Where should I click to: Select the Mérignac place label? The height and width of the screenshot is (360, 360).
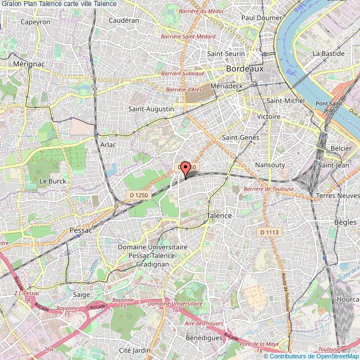22,64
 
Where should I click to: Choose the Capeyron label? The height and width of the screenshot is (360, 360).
35,22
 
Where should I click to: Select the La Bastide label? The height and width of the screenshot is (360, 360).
326,54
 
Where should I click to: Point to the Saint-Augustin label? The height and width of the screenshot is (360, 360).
151,109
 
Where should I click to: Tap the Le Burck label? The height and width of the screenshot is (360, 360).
53,181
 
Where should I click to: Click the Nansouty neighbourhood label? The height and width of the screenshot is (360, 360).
270,165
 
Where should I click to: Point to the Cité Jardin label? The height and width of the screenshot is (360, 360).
135,350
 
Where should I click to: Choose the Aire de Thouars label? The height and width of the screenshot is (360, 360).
203,323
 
